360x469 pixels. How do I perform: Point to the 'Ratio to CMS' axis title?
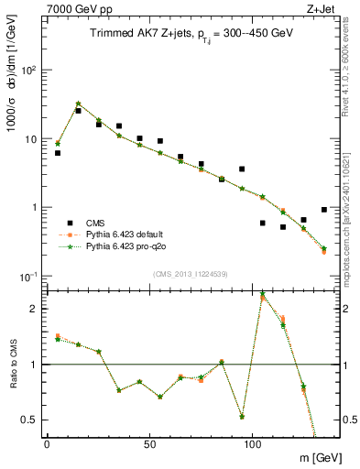point(12,365)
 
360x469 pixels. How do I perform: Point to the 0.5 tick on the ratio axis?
point(29,420)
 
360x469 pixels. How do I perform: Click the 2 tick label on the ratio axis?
point(33,309)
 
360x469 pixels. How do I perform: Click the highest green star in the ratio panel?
point(263,294)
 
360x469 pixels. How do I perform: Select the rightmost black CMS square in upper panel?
point(324,210)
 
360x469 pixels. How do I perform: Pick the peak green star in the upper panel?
point(78,104)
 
